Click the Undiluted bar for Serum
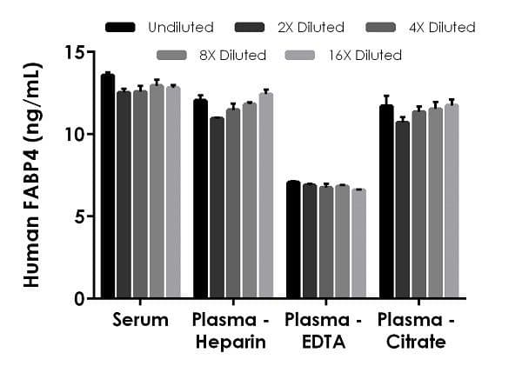click(108, 187)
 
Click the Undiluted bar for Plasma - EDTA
click(293, 240)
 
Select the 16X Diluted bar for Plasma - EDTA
click(358, 243)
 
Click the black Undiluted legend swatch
click(120, 28)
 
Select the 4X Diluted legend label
click(440, 28)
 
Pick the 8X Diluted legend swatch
click(172, 56)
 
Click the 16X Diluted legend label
click(367, 56)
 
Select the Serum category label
click(140, 320)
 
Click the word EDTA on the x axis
click(325, 342)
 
